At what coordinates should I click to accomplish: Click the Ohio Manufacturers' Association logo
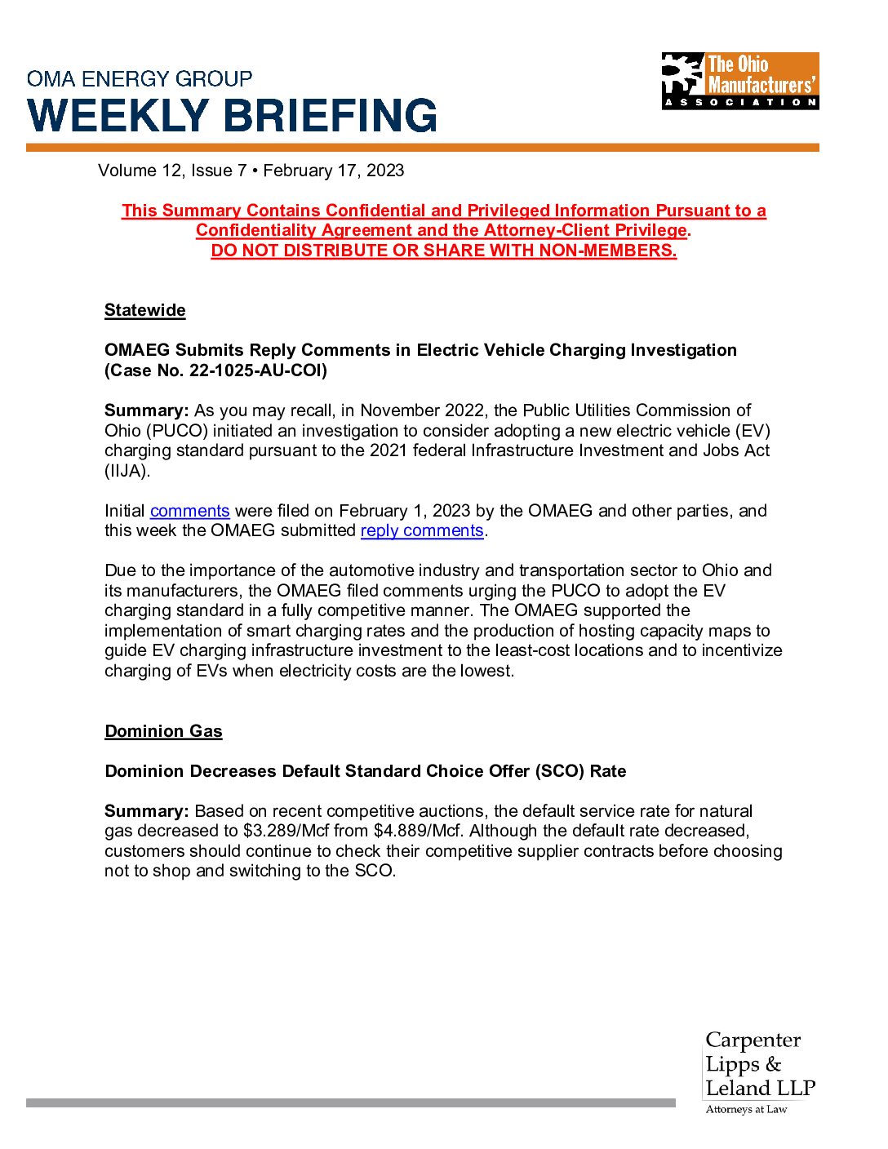pyautogui.click(x=739, y=81)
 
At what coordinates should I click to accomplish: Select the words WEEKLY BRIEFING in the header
pyautogui.click(x=233, y=116)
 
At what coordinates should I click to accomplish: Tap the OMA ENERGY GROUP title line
pyautogui.click(x=140, y=79)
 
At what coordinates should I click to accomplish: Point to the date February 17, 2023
pyautogui.click(x=334, y=171)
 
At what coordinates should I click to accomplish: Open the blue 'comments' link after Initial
pyautogui.click(x=189, y=511)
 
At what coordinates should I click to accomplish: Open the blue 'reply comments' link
pyautogui.click(x=422, y=530)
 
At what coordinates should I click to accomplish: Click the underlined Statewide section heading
pyautogui.click(x=145, y=310)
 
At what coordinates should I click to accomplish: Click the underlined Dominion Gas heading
pyautogui.click(x=163, y=731)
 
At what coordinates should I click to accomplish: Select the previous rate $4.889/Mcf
pyautogui.click(x=419, y=831)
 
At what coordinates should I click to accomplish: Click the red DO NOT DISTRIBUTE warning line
pyautogui.click(x=444, y=251)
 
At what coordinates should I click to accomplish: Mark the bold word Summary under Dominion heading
pyautogui.click(x=146, y=811)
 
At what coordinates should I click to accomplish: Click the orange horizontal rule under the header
pyautogui.click(x=422, y=148)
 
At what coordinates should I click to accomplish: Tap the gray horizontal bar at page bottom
pyautogui.click(x=351, y=1102)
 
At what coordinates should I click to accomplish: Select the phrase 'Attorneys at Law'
pyautogui.click(x=746, y=1109)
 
